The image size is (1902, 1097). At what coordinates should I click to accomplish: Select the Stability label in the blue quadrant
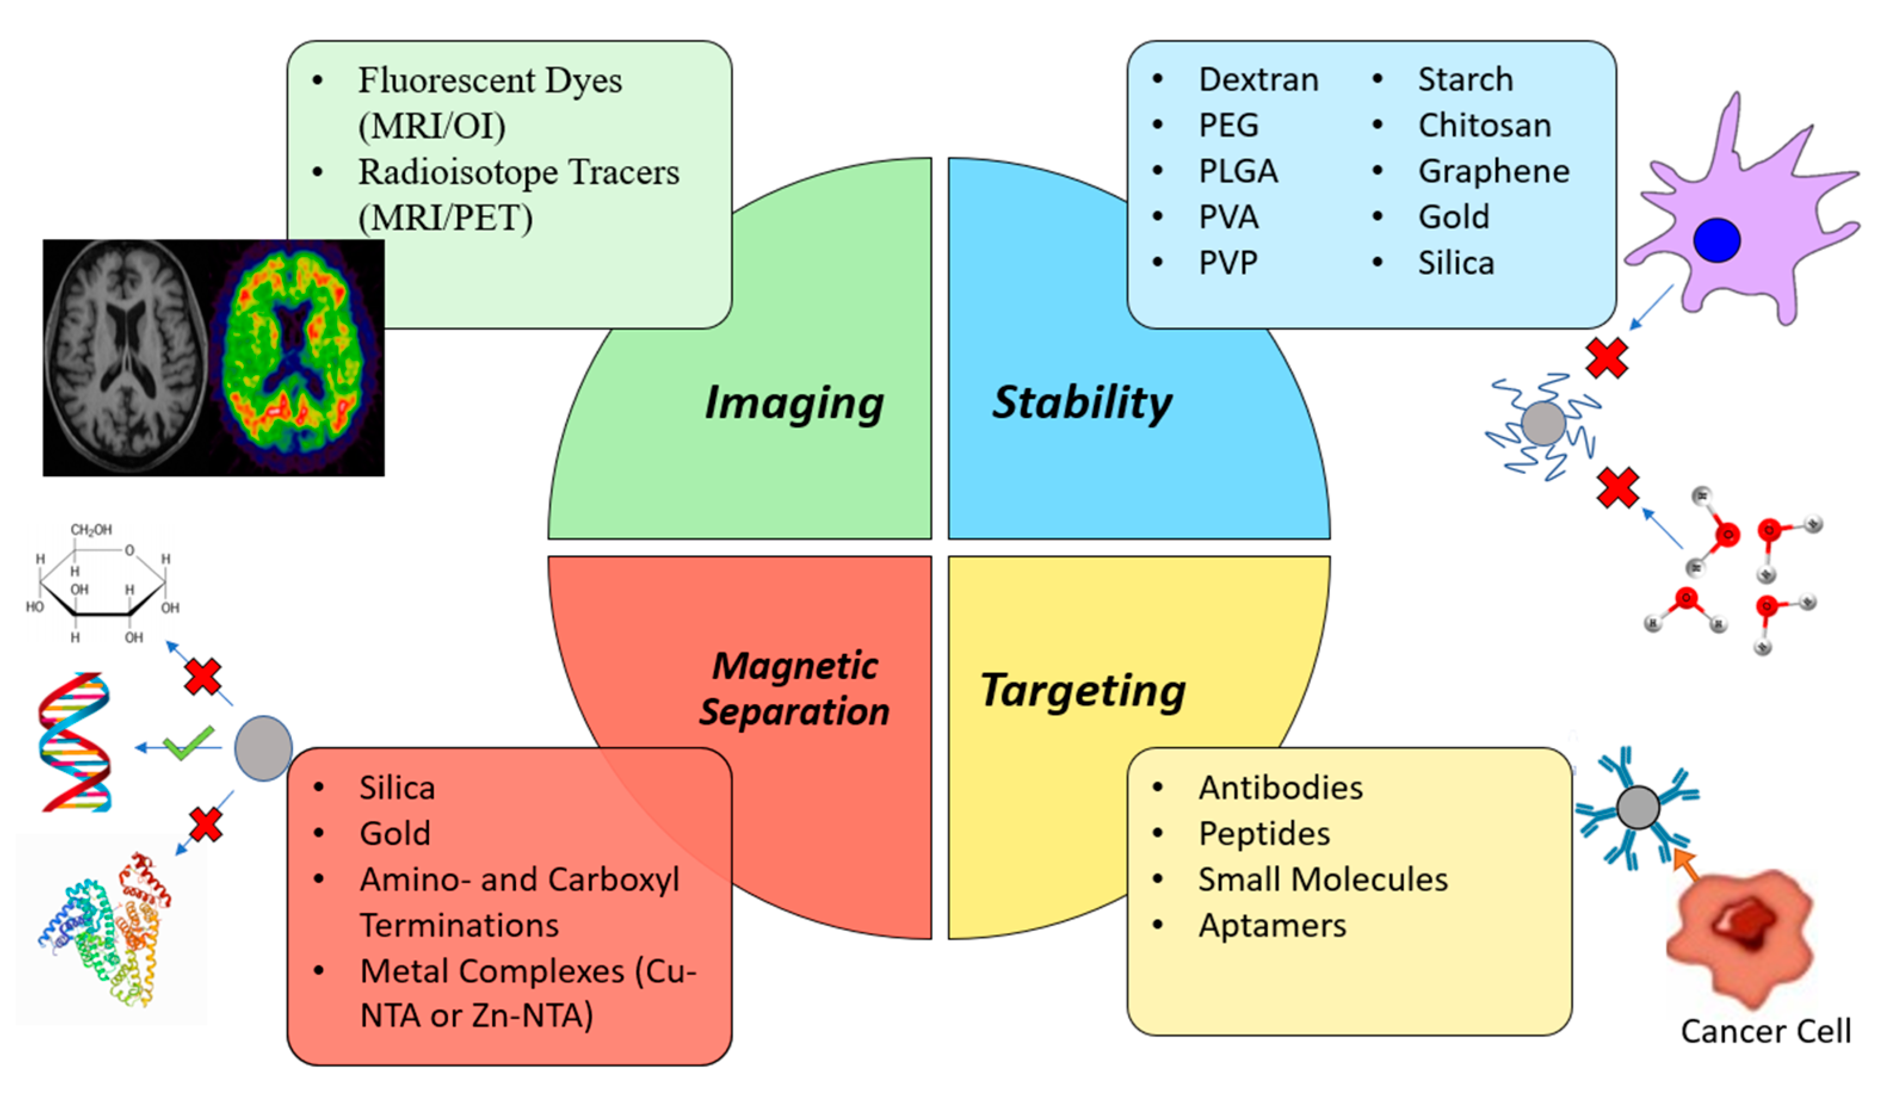tap(1082, 403)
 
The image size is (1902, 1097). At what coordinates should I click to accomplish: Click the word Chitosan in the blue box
tap(1484, 125)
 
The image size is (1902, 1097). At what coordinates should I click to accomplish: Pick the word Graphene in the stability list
tap(1493, 171)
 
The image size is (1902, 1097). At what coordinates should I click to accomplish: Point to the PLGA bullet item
tap(1238, 171)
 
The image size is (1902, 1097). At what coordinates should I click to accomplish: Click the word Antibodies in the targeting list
tap(1281, 788)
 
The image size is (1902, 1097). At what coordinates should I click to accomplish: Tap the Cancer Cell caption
tap(1765, 1031)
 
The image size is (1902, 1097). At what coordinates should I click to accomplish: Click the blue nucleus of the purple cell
tap(1716, 240)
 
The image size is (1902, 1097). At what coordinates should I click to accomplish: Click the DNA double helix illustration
tap(75, 742)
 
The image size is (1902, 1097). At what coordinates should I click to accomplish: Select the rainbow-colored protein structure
tap(106, 931)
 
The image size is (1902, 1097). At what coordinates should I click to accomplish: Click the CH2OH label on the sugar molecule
tap(91, 529)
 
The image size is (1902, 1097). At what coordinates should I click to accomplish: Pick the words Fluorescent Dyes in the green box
tap(489, 80)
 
